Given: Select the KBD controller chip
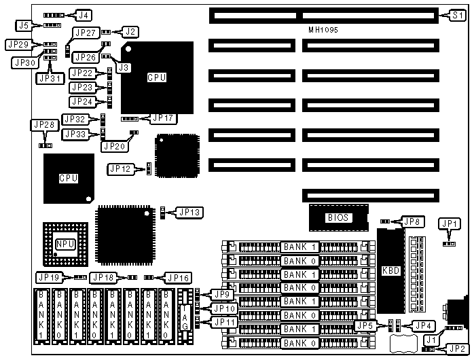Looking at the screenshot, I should pyautogui.click(x=387, y=268).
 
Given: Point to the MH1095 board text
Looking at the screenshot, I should pyautogui.click(x=323, y=31).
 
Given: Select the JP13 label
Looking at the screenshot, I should pyautogui.click(x=189, y=213).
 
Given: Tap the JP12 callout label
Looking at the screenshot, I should pyautogui.click(x=122, y=168).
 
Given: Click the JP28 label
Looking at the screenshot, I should pyautogui.click(x=44, y=125).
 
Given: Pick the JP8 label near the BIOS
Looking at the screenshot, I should pyautogui.click(x=412, y=221).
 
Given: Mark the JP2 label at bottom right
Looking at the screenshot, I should pyautogui.click(x=456, y=348).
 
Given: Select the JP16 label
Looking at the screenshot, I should pyautogui.click(x=177, y=277).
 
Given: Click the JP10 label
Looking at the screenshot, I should pyautogui.click(x=225, y=308).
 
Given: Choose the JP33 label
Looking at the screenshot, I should pyautogui.click(x=75, y=134).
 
